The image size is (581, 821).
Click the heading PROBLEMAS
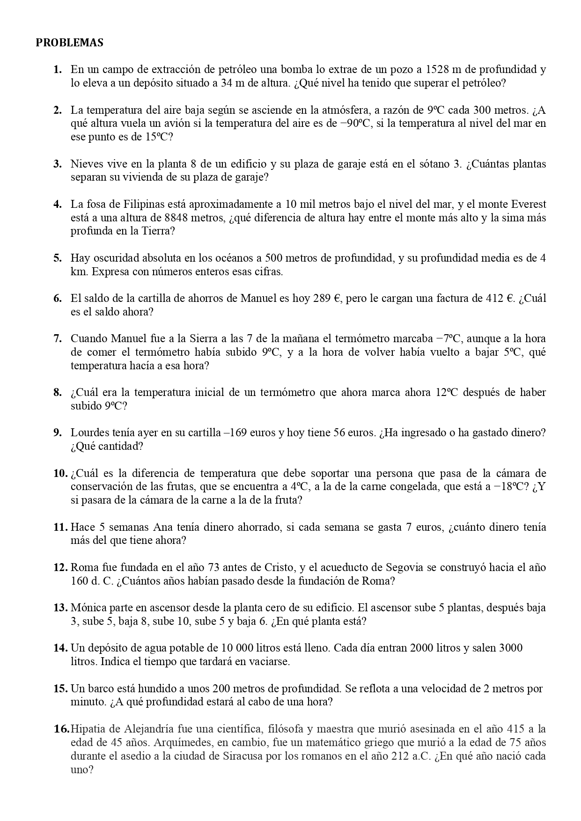[69, 43]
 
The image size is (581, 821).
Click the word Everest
[528, 204]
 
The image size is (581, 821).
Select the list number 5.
[58, 258]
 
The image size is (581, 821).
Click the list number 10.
[60, 473]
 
